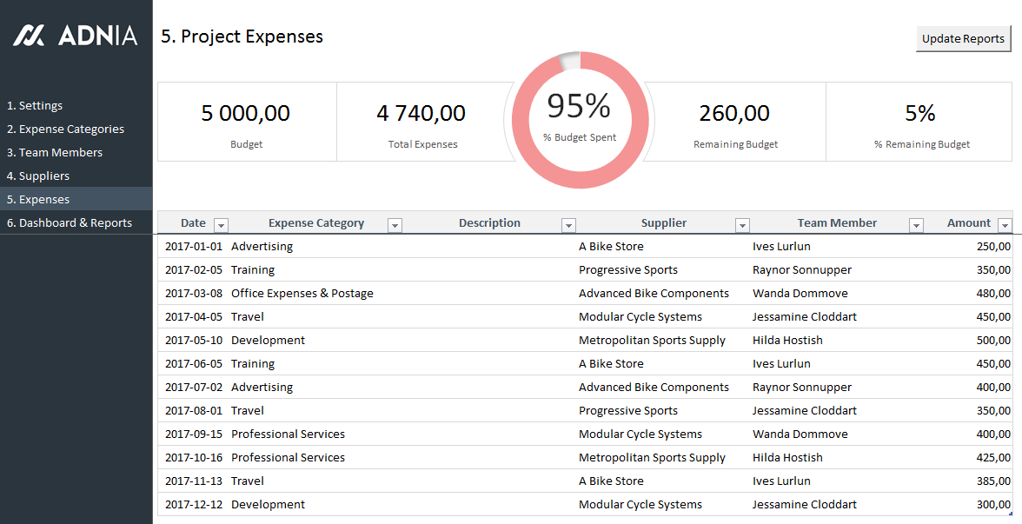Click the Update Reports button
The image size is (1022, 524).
[x=963, y=38]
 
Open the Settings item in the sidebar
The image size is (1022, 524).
[x=35, y=105]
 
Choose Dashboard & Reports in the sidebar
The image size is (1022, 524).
[x=70, y=222]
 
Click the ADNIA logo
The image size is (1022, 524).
[x=76, y=36]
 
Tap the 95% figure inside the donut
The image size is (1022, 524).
[x=579, y=106]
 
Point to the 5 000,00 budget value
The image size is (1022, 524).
[x=246, y=113]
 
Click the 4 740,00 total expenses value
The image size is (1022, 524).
[x=421, y=113]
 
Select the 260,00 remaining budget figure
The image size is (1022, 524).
[x=734, y=113]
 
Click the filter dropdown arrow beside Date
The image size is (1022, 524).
[x=221, y=225]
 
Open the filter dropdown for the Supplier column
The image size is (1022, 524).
[x=742, y=225]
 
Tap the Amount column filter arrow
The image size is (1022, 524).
[x=1005, y=225]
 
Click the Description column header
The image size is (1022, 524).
[x=489, y=223]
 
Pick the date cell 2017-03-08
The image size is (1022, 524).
[x=194, y=293]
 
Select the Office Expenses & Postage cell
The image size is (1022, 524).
[x=302, y=293]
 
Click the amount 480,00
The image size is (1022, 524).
[x=993, y=293]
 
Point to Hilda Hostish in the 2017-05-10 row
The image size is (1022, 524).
[x=787, y=340]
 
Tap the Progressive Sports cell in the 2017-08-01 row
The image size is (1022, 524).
[x=628, y=410]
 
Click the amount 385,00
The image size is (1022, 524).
[x=993, y=481]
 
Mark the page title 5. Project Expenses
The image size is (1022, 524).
[x=242, y=36]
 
